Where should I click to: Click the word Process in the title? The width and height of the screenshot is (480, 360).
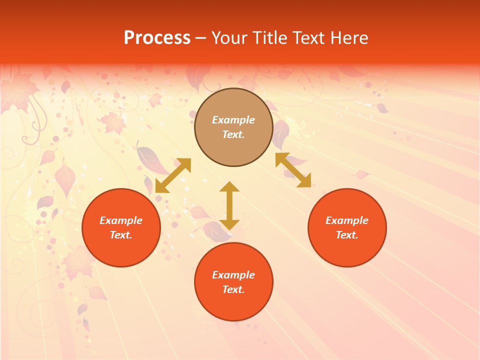click(x=157, y=38)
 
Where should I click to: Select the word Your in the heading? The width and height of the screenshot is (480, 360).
click(x=230, y=38)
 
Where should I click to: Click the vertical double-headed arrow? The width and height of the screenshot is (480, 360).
click(x=229, y=205)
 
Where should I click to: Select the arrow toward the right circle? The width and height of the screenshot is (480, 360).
click(x=293, y=170)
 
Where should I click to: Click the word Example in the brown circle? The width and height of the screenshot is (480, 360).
click(x=233, y=120)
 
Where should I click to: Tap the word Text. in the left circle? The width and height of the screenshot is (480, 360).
click(x=121, y=235)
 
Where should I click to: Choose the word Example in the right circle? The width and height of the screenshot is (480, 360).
click(x=347, y=220)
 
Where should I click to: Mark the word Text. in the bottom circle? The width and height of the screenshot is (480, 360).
click(x=233, y=289)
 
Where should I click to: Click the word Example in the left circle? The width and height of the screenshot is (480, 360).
click(x=121, y=220)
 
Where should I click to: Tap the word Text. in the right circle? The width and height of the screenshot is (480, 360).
click(x=347, y=235)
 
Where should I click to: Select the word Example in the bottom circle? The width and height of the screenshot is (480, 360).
click(x=233, y=275)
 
